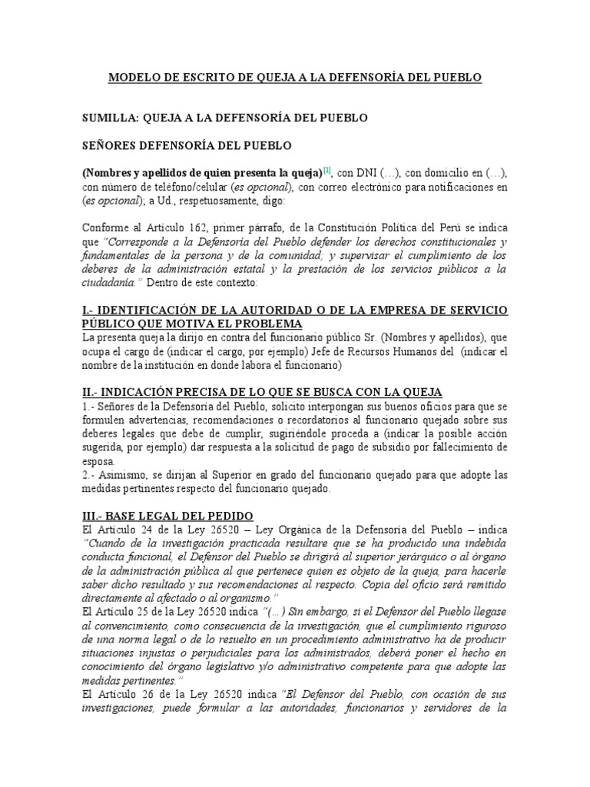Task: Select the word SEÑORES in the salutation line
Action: tap(111, 145)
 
